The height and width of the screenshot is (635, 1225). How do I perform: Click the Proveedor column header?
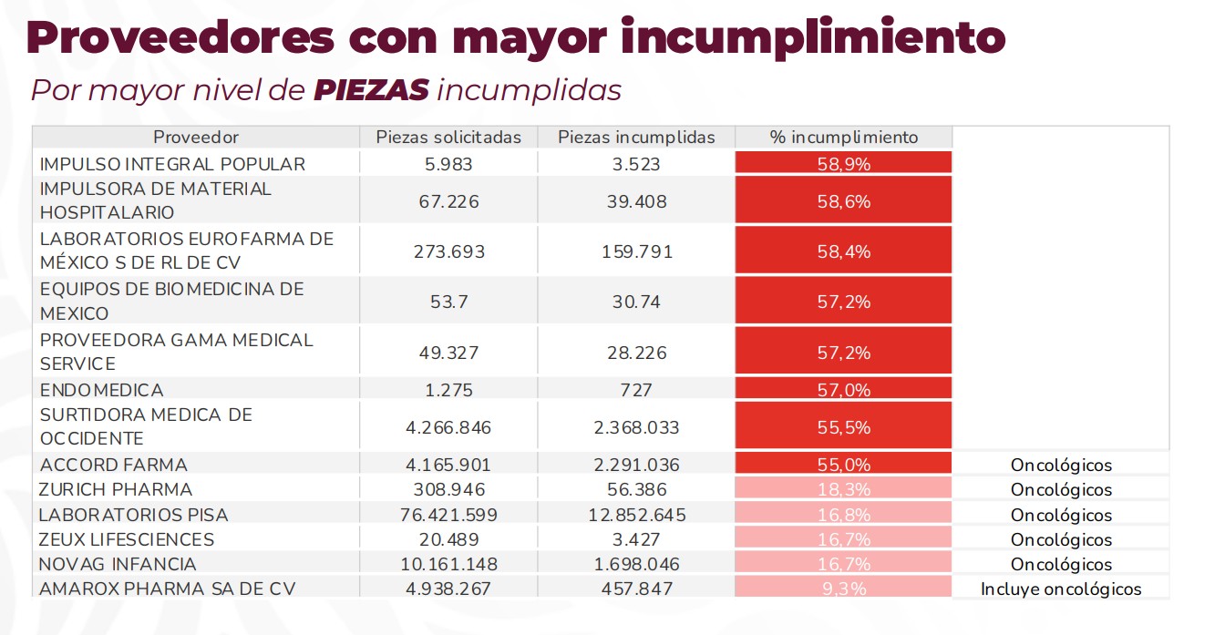tap(196, 138)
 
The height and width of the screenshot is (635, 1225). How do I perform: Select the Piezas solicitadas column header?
tap(448, 138)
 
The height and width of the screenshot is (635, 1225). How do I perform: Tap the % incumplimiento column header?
tap(844, 138)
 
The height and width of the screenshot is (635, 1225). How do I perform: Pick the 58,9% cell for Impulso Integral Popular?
tap(844, 164)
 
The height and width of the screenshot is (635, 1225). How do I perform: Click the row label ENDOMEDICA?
tap(102, 390)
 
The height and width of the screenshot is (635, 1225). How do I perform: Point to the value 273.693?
tap(448, 251)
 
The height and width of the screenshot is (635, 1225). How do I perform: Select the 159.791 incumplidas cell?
tap(637, 251)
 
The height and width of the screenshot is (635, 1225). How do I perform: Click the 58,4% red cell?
tap(844, 251)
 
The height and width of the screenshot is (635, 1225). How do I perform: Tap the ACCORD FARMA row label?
tap(114, 465)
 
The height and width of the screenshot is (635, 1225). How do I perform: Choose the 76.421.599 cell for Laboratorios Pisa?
tap(448, 515)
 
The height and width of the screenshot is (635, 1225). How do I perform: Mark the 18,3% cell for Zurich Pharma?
tap(844, 490)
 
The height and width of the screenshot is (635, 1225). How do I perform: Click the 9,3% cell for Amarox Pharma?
tap(844, 589)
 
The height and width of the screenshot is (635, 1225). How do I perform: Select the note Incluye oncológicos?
tap(1061, 589)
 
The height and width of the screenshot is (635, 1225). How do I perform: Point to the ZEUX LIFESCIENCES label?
tap(127, 539)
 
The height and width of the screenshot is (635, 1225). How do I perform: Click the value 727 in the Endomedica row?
tap(637, 390)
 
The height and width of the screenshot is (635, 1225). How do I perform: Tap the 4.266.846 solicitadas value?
tap(448, 427)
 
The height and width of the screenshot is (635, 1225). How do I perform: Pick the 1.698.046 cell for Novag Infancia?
tap(637, 564)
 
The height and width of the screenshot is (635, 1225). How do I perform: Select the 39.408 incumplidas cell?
tap(637, 201)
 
